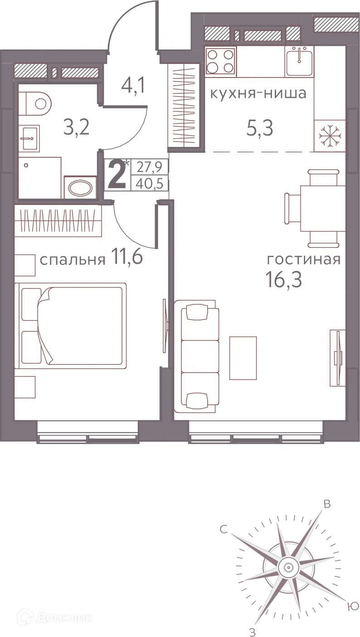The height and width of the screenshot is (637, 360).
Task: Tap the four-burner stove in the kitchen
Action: click(220, 61)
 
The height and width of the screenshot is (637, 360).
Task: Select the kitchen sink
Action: click(299, 61)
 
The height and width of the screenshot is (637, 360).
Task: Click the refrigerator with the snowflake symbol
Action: click(330, 136)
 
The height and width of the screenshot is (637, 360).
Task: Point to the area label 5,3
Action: click(260, 129)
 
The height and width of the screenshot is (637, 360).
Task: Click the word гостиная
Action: click(303, 260)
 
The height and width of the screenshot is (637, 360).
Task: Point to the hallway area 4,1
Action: click(133, 85)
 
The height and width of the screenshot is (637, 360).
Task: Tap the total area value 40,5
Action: click(149, 185)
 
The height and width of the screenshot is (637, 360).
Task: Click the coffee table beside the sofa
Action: click(243, 358)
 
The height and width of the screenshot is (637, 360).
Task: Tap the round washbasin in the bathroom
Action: click(80, 187)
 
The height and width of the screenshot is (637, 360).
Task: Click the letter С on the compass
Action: click(223, 529)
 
